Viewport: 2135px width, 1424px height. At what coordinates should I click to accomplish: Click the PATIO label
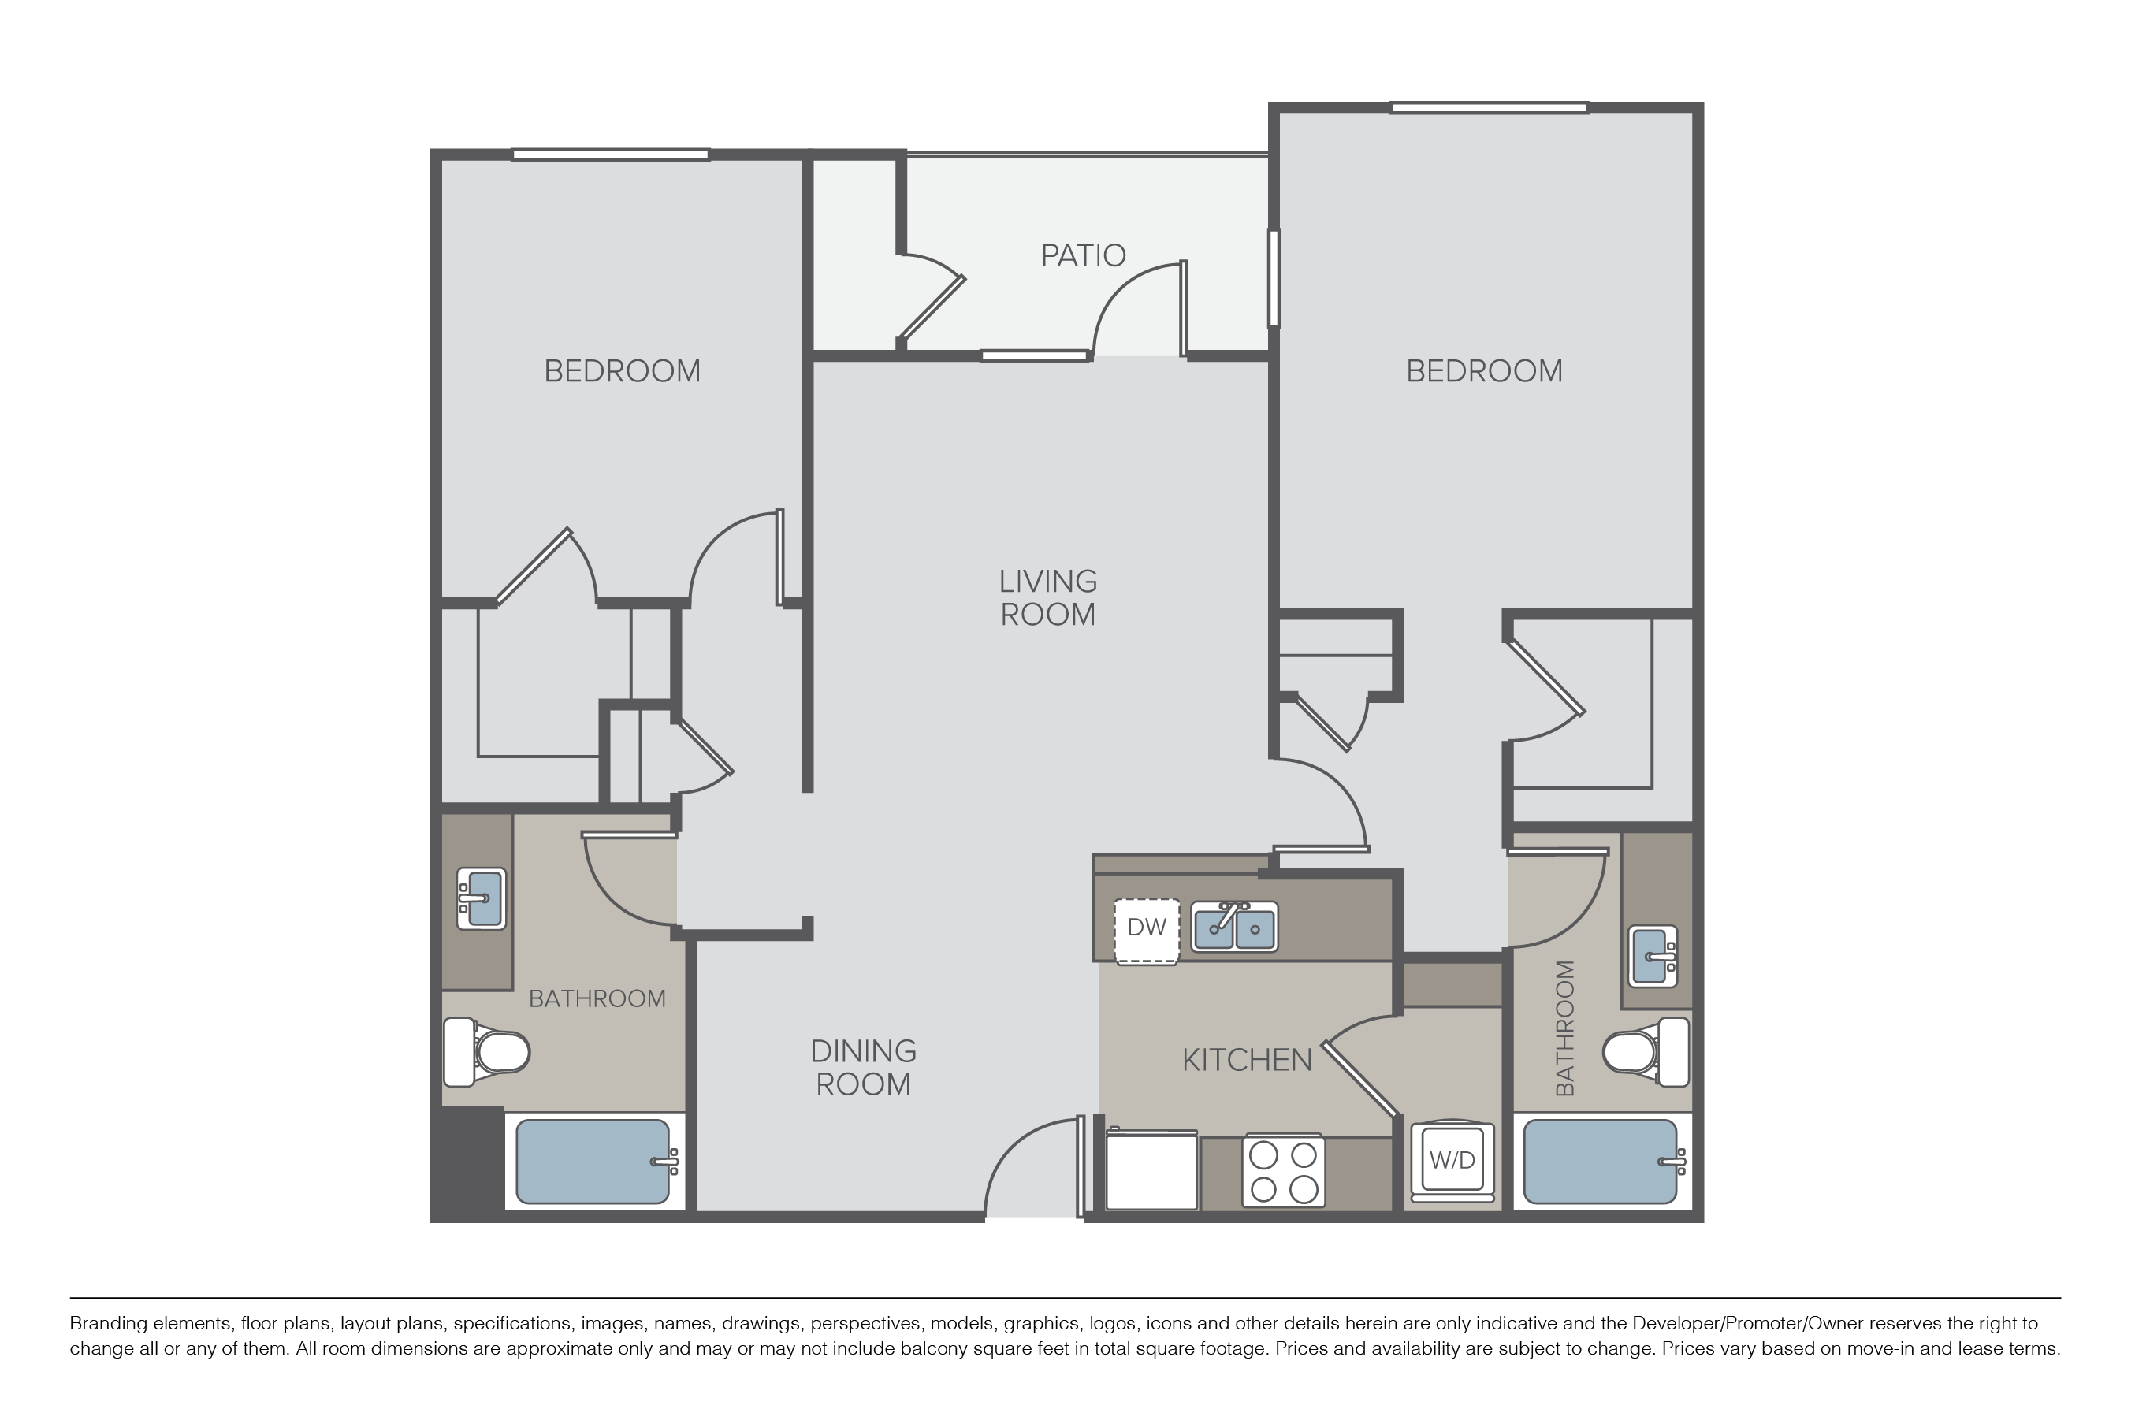[1083, 255]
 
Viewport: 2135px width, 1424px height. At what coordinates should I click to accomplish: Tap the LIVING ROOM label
[1048, 597]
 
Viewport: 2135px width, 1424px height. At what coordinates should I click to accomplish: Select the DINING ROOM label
[863, 1067]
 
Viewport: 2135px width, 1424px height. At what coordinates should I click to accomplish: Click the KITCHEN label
[1247, 1060]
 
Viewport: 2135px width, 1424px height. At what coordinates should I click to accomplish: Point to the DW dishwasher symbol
[1146, 928]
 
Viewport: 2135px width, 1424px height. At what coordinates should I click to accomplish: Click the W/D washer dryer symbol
[1452, 1160]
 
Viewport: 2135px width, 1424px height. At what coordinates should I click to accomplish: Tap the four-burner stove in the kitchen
[1283, 1170]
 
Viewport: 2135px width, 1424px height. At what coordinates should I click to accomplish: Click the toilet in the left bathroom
[488, 1053]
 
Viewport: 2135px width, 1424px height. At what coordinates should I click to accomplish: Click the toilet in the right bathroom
[1645, 1053]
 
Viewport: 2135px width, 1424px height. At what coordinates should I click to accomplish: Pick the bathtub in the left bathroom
[593, 1162]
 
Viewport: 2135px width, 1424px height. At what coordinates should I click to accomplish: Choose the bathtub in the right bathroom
[1600, 1162]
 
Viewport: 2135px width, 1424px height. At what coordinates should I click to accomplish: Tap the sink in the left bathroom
[482, 898]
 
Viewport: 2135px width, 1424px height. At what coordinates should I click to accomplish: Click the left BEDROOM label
[622, 370]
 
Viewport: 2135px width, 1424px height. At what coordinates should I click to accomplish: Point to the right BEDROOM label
[1484, 370]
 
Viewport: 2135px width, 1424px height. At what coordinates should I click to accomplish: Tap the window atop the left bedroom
[610, 154]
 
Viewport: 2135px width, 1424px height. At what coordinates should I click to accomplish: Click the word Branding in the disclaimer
[108, 1323]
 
